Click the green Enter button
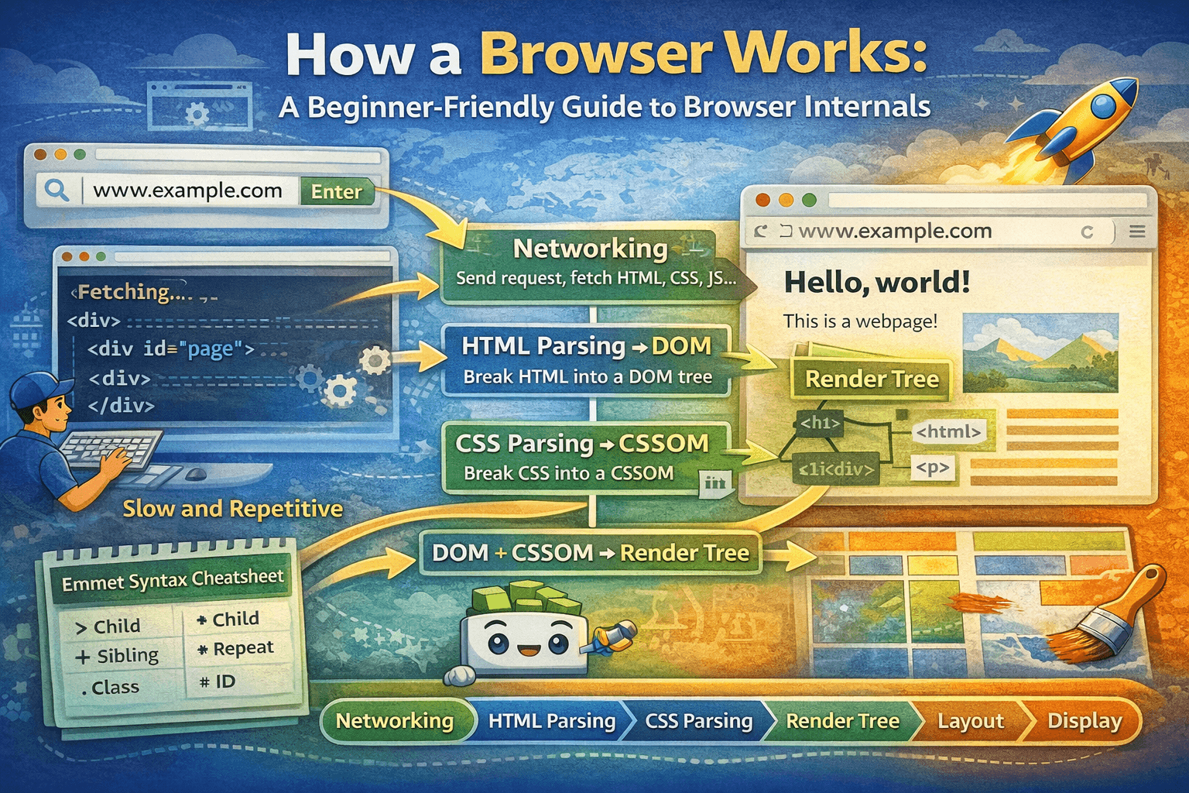tap(337, 191)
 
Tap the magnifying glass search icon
tap(56, 190)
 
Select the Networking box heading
tap(590, 249)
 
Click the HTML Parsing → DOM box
tap(586, 360)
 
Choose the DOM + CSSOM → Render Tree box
tap(590, 553)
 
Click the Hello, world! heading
tap(876, 283)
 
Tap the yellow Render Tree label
tap(872, 379)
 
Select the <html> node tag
tap(948, 432)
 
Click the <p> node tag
tap(932, 468)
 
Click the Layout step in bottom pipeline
tap(970, 721)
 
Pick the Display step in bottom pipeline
tap(1084, 721)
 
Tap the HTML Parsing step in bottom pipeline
tap(551, 721)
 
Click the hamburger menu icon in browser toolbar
tap(1137, 232)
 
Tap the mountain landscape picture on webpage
tap(1040, 352)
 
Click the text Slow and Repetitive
tap(232, 509)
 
